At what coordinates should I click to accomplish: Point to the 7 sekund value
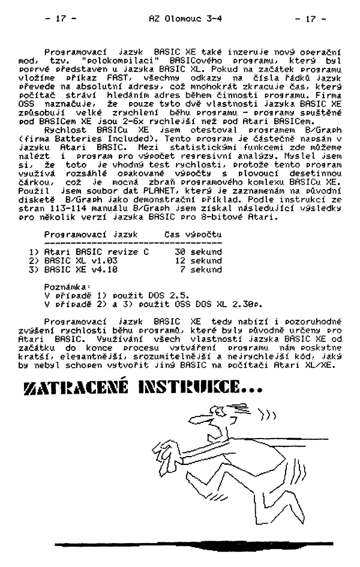click(201, 269)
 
